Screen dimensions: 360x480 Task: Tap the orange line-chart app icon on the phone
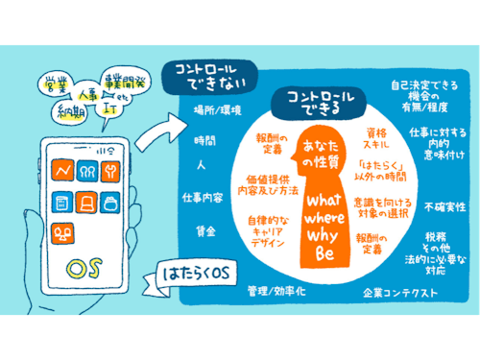pyautogui.click(x=64, y=173)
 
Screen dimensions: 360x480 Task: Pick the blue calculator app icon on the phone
pyautogui.click(x=62, y=204)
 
